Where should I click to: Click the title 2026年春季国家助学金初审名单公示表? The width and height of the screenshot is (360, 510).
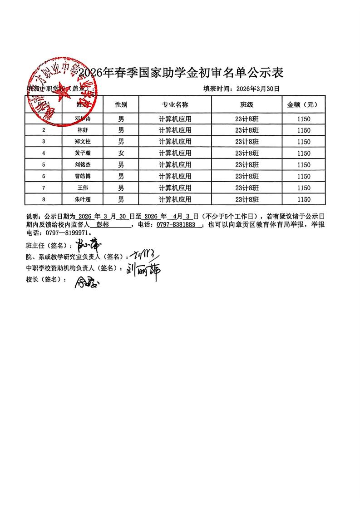[181, 73]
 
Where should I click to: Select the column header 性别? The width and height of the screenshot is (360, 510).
[121, 104]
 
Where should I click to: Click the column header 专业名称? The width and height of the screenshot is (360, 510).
[175, 104]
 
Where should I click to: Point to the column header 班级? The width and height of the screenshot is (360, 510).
[247, 104]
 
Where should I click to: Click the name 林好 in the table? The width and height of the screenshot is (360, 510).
[82, 130]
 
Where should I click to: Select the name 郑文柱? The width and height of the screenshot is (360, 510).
[82, 142]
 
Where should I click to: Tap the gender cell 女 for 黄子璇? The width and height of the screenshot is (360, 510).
[121, 153]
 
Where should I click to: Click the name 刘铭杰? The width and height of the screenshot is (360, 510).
[82, 164]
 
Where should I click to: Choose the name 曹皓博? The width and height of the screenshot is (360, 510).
[82, 176]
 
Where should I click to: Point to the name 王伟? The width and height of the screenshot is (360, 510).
[82, 188]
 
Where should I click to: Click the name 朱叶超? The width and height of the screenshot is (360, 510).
[82, 199]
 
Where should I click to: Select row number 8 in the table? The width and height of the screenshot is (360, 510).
[44, 199]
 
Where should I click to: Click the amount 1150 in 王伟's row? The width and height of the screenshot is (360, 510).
[303, 188]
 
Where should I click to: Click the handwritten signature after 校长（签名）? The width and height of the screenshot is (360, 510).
[86, 282]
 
